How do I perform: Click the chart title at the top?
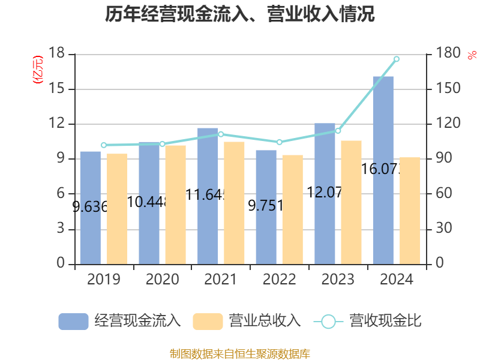point(240,14)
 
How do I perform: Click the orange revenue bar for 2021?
point(235,202)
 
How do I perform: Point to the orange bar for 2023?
point(352,202)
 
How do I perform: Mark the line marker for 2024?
point(397,59)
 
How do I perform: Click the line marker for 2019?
point(104,145)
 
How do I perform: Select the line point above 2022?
point(279,142)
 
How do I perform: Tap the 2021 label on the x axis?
point(221,280)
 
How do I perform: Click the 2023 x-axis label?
point(338,280)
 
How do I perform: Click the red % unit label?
point(472,55)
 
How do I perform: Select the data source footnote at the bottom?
point(240,353)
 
